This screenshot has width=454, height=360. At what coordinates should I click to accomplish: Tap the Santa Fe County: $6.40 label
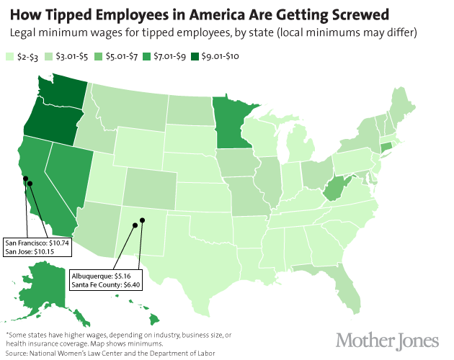pyautogui.click(x=105, y=285)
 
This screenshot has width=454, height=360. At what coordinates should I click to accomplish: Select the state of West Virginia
pyautogui.click(x=334, y=190)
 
